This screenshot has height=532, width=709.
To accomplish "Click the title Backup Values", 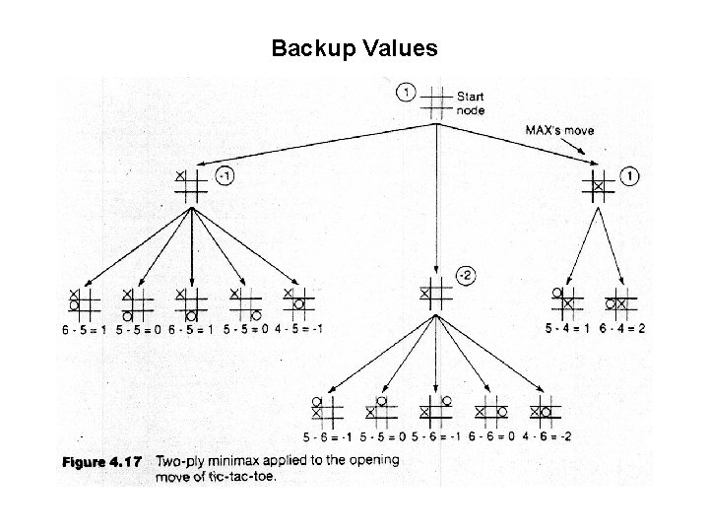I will pos(354,47).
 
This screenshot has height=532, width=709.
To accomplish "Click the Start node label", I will pos(470,103).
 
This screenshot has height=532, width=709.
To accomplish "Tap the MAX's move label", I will pos(558,130).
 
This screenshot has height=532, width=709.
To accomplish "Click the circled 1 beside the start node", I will pos(405,94).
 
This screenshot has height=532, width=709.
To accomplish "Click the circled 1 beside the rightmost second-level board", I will pos(630,177).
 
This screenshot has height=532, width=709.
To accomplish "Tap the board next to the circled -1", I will pos(191,184).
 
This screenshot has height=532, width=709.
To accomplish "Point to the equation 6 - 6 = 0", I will pos(491,436).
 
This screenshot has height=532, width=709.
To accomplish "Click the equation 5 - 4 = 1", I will pos(568,328).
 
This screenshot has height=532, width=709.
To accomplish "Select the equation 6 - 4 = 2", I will pos(622,328).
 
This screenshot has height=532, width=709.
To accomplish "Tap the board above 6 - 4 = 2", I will pos(620,301).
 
